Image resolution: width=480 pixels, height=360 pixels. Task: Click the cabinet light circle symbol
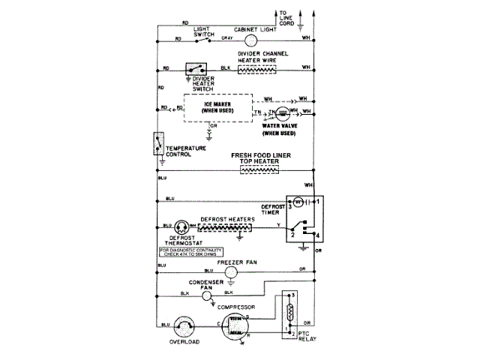point(250,39)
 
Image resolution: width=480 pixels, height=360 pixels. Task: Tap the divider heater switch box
point(197,67)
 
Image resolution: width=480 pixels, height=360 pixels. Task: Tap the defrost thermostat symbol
point(181,226)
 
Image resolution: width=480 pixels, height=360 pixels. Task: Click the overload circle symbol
point(184,326)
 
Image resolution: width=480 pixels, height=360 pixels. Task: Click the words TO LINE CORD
point(286,18)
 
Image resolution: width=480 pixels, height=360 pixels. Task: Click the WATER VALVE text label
point(280,126)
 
